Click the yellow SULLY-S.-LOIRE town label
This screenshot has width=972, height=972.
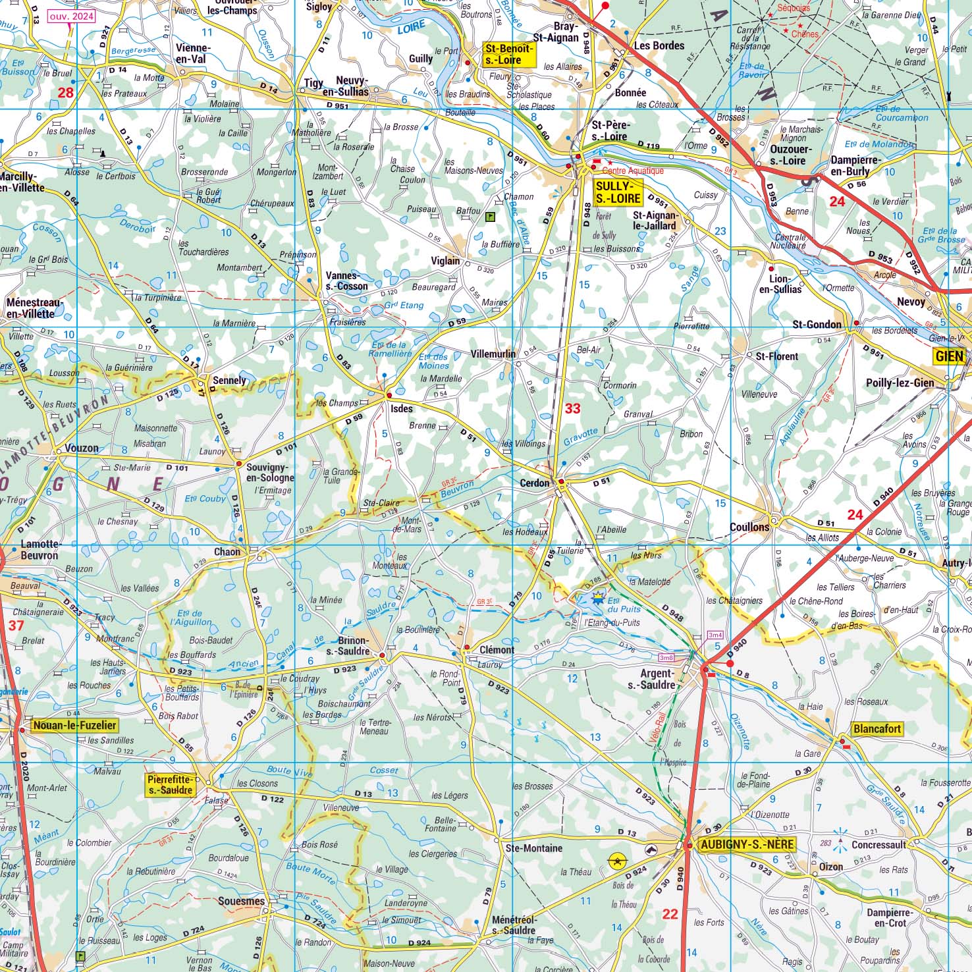tap(617, 192)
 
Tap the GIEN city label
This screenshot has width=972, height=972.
tap(949, 356)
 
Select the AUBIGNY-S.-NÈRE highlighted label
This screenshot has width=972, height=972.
tap(746, 845)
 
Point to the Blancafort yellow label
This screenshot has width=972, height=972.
tap(877, 729)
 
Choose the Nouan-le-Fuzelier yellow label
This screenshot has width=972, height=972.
tap(74, 726)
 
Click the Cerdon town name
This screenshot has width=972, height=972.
tap(534, 483)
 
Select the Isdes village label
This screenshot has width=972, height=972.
tap(402, 408)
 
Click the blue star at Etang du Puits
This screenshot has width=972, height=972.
tap(597, 597)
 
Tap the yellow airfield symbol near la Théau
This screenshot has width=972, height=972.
tap(617, 859)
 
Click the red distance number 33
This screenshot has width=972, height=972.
tap(573, 408)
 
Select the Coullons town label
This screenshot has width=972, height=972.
tap(749, 527)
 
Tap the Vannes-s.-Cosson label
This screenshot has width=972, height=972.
tap(346, 281)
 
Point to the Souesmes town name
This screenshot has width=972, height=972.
tap(241, 901)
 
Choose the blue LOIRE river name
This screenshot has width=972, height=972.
tap(412, 26)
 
